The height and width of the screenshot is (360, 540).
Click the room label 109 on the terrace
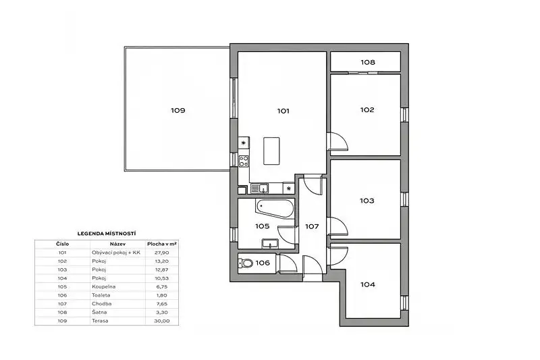(x=178, y=111)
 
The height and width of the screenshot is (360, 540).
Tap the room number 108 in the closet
(x=368, y=62)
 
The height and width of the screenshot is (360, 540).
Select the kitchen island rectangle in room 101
(x=271, y=151)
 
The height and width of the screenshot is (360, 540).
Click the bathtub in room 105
(x=275, y=208)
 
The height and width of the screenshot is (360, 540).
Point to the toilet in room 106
(x=245, y=263)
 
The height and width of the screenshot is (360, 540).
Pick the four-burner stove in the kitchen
(x=244, y=161)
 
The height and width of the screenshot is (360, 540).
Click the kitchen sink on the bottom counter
(x=260, y=188)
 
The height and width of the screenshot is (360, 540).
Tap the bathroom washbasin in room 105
(x=271, y=244)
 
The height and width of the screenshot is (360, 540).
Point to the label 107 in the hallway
(x=312, y=227)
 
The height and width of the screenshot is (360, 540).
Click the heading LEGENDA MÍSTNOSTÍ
(x=107, y=234)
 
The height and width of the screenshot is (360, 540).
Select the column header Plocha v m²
(x=162, y=244)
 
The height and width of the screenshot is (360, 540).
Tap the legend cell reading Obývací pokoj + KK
(x=116, y=253)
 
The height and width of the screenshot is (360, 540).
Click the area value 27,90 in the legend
(x=162, y=253)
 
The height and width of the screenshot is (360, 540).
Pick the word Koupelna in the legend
(x=104, y=286)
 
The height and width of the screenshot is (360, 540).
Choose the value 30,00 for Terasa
(x=162, y=321)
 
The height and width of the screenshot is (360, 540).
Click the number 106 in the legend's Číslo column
(x=62, y=295)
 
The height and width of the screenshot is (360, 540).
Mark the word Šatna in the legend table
(x=99, y=312)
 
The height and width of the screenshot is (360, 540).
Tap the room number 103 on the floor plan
(x=367, y=201)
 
